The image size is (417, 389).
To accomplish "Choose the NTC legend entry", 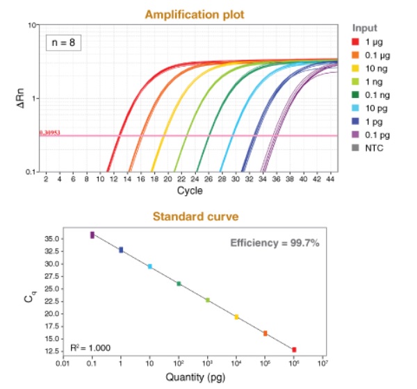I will point(372,148).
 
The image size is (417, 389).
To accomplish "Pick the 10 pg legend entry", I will point(373,109).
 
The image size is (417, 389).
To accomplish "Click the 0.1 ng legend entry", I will point(375,96).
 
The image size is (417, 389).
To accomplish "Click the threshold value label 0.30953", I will point(50,132).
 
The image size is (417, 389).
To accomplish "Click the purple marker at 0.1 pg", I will point(92,235).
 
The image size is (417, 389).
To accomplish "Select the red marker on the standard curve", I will point(294,349).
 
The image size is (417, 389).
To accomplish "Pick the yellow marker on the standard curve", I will point(236,317).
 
